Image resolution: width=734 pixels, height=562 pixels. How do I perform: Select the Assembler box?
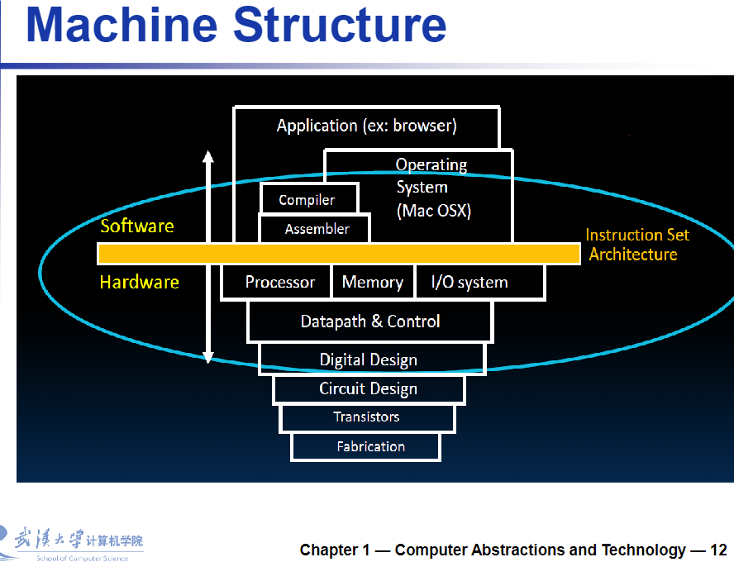point(315,228)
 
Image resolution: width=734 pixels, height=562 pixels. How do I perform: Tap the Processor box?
point(276,282)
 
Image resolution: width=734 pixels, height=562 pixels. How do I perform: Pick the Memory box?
point(373,282)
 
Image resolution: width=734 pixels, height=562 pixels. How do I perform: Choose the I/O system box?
point(480,282)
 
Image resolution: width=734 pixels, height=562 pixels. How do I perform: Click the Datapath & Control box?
point(370,321)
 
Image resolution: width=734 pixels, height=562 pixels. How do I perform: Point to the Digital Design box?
point(372,360)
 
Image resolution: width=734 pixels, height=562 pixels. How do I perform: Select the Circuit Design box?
point(369,389)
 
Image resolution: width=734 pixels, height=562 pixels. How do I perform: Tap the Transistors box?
point(367,417)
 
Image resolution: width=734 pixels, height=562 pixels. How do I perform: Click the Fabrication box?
point(365,447)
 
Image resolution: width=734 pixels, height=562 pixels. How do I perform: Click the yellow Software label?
point(137,226)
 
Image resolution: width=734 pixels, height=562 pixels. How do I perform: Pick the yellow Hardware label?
point(140,282)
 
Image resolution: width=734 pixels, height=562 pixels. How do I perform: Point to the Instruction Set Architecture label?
point(637,245)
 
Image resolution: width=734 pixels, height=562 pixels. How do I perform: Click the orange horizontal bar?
point(339,254)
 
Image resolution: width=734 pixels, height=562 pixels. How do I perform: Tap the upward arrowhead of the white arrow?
point(208,157)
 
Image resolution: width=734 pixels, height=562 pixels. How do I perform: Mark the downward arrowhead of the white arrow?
point(208,358)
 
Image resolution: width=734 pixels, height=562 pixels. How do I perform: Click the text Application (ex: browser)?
point(366,126)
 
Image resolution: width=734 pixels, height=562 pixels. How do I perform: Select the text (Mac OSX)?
point(434,211)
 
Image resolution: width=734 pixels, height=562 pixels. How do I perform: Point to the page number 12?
point(718,550)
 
